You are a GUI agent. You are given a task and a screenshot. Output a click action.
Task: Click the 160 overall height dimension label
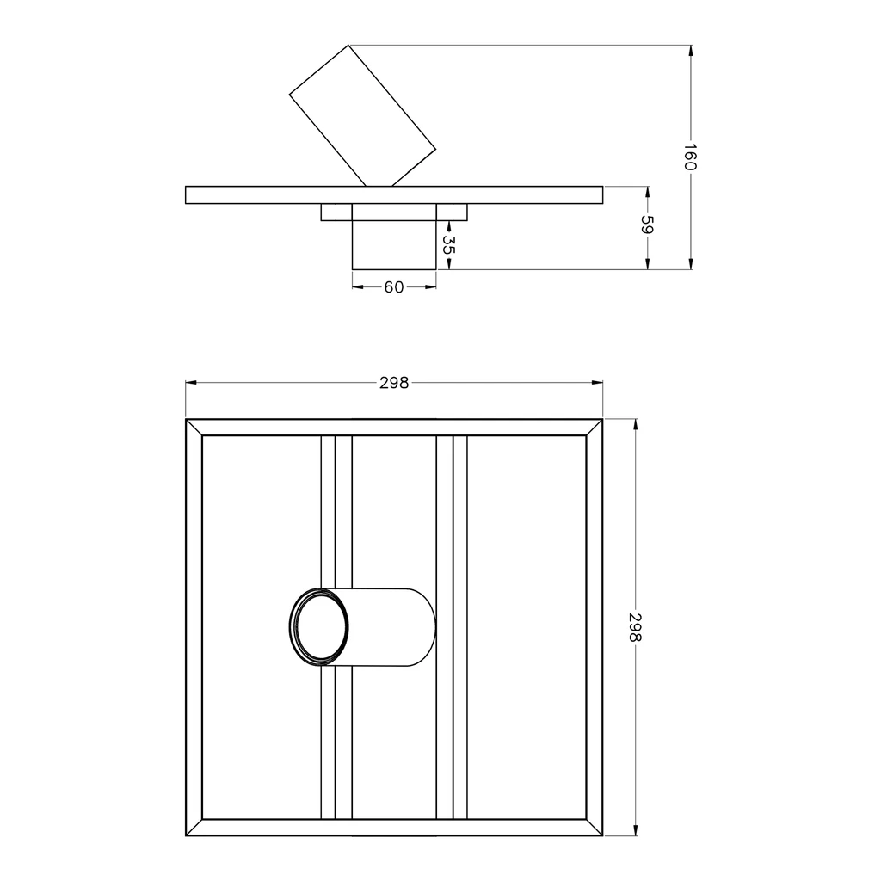(x=690, y=157)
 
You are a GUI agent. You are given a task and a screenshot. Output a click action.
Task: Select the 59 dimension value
(x=648, y=225)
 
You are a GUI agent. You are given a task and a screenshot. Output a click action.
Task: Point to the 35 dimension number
(x=447, y=245)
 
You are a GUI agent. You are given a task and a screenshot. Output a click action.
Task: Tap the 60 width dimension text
(x=394, y=287)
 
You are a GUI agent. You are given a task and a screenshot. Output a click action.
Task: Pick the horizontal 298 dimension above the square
(x=394, y=384)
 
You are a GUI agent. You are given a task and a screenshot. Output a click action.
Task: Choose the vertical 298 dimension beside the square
(x=636, y=627)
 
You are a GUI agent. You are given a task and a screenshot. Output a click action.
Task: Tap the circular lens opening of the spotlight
(x=319, y=627)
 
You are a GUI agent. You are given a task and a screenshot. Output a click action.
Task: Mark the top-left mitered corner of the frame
(x=194, y=428)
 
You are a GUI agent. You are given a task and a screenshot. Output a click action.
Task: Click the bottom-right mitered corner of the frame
(x=595, y=828)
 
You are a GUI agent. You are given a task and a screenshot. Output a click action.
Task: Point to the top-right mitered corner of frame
(x=595, y=428)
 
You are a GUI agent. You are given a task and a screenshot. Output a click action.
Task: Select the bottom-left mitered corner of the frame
(x=194, y=828)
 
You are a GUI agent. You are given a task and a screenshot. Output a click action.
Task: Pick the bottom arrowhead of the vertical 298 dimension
(x=636, y=830)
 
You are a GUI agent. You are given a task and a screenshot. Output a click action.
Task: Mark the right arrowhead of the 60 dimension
(x=431, y=287)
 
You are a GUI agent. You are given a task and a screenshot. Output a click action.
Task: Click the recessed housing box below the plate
(x=394, y=245)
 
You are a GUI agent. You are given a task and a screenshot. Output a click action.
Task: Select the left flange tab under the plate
(x=336, y=213)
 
